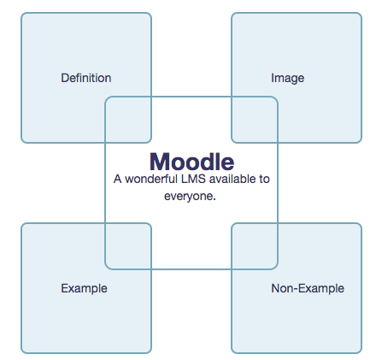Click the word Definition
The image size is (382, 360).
[86, 78]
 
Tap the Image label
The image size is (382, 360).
[287, 79]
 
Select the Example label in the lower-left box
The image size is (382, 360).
[84, 288]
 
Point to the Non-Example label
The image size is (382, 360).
[308, 288]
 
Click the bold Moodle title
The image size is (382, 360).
[192, 162]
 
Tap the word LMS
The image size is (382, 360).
[193, 179]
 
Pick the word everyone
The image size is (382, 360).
[188, 197]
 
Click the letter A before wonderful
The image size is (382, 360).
[118, 179]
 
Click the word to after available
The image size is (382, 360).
[264, 180]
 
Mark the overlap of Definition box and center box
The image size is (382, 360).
[128, 120]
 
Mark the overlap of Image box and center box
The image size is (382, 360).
[255, 120]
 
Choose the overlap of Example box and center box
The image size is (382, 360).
[128, 246]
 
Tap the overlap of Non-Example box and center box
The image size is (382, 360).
[255, 246]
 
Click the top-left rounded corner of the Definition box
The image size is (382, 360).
[23, 15]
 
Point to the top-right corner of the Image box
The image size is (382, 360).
[360, 15]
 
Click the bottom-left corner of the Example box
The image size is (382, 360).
[23, 351]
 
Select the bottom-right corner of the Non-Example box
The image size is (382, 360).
[360, 351]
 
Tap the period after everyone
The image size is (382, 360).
[215, 199]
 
